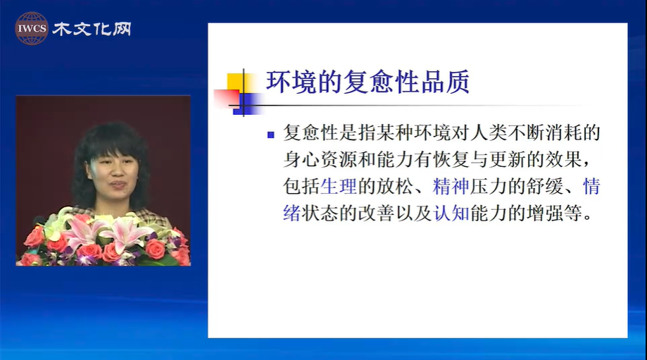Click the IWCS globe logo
[x=32, y=28]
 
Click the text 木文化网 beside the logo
[x=92, y=29]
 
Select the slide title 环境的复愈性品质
[x=368, y=82]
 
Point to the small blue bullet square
[x=270, y=135]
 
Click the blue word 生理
[x=339, y=186]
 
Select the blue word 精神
[x=451, y=186]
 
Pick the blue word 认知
[x=451, y=213]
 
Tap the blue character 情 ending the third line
[x=591, y=186]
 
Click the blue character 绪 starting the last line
[x=291, y=213]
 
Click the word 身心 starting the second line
[x=301, y=159]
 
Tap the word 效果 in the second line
[x=564, y=159]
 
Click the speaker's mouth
[x=118, y=183]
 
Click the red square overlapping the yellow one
[x=226, y=98]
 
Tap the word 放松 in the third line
[x=394, y=186]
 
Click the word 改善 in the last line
[x=375, y=213]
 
